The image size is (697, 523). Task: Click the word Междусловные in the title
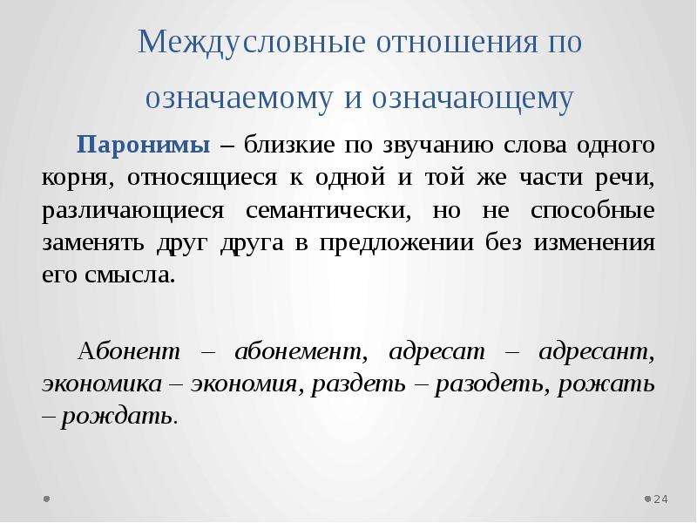[252, 43]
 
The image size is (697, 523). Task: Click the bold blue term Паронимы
[143, 145]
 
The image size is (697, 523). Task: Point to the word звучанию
[438, 146]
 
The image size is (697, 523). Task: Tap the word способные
[592, 210]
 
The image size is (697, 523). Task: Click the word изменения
[594, 243]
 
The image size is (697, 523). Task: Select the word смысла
[129, 275]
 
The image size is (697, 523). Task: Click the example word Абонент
[129, 351]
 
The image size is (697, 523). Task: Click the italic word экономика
[102, 384]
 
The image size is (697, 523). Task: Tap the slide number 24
[660, 499]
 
